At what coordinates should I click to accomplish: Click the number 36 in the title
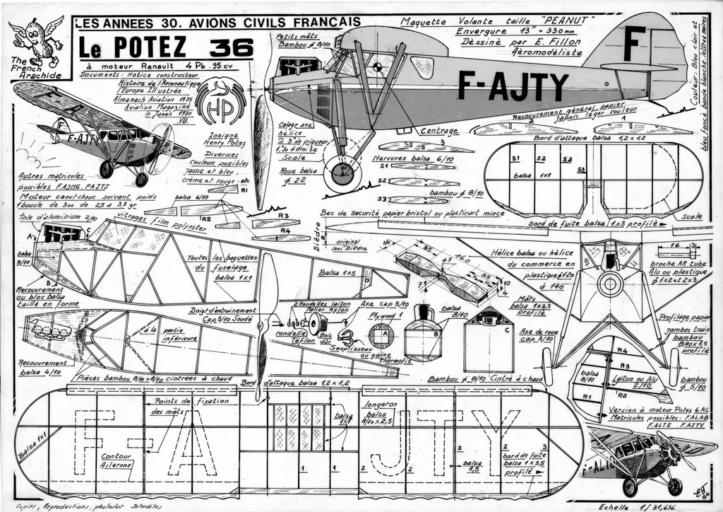coord(231,48)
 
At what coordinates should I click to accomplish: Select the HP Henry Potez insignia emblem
coord(220,103)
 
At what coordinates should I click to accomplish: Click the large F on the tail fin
coord(634,42)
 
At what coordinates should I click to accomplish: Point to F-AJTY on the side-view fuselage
coord(513,86)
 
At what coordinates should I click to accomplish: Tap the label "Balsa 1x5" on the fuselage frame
coord(337,272)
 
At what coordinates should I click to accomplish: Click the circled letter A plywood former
coord(381,334)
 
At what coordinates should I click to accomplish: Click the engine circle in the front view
coord(609,284)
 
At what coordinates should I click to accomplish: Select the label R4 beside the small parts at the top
coord(285,231)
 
